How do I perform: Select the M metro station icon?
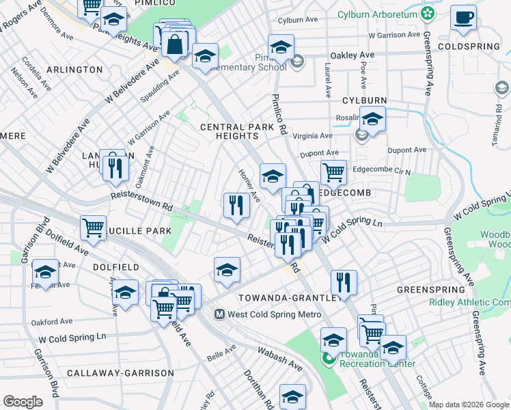[x=220, y=314]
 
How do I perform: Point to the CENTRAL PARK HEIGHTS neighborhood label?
[x=229, y=131]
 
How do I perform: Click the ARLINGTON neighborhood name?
[x=74, y=70]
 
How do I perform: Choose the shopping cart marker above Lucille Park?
[x=93, y=227]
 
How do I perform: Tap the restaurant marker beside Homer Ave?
[x=236, y=204]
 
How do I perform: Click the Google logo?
[x=23, y=402]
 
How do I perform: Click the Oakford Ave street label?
[x=51, y=321]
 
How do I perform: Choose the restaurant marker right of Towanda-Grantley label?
[x=344, y=282]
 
